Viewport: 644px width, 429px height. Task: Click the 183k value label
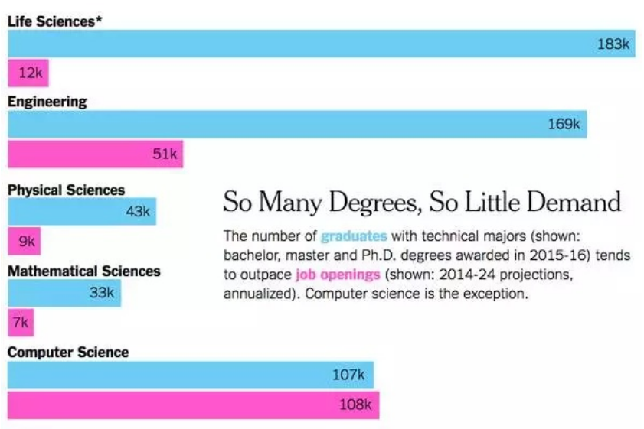(613, 44)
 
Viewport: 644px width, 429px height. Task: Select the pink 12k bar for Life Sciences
(28, 73)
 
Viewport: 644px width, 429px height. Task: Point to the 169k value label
(564, 124)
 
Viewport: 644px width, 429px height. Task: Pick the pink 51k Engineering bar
(95, 154)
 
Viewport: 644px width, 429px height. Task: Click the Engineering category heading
(47, 102)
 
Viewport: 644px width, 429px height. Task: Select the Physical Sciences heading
(66, 190)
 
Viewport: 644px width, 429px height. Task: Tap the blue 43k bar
(81, 211)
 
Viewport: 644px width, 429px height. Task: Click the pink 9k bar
(24, 242)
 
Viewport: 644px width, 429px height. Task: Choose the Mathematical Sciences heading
(84, 271)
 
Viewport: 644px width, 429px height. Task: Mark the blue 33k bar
(64, 292)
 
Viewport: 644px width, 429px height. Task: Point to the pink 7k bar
(21, 323)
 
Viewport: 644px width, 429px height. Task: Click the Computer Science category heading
(68, 353)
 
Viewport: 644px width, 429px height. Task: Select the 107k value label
(349, 375)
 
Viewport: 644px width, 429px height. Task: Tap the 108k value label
(355, 405)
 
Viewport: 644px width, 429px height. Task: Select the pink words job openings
(337, 275)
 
